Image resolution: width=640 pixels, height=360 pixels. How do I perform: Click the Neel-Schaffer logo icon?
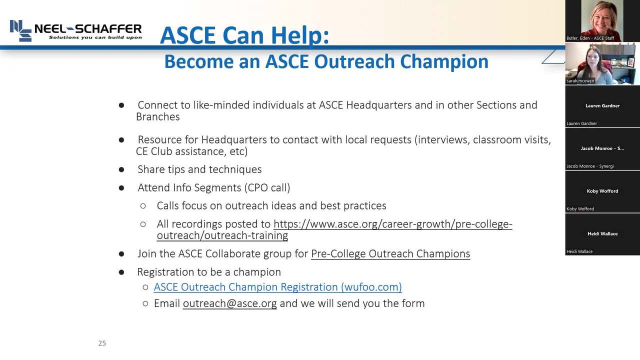20,30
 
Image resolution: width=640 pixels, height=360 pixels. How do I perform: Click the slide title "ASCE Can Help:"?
244,35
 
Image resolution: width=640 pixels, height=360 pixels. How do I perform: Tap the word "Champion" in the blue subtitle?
444,62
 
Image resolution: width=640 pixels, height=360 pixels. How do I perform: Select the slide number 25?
102,343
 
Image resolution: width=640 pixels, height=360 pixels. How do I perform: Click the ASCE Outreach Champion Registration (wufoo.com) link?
277,287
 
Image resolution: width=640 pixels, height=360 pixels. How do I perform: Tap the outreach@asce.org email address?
229,303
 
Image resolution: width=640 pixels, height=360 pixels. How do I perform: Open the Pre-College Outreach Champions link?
390,253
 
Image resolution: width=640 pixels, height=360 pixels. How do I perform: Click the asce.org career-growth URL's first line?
393,224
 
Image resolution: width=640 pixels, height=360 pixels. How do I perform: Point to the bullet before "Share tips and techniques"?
121,169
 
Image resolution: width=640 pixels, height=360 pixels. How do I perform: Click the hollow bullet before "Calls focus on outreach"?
143,205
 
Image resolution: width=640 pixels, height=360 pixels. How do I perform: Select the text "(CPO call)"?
267,187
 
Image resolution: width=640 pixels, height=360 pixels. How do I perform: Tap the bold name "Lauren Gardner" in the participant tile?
602,105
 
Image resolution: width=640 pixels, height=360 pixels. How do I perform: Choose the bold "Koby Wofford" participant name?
602,191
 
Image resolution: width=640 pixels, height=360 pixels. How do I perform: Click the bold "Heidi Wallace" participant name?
602,233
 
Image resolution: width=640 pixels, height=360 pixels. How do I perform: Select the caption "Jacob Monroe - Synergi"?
590,166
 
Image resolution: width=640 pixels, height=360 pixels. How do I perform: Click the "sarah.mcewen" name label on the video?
580,81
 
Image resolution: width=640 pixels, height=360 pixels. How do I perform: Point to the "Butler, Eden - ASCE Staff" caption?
590,38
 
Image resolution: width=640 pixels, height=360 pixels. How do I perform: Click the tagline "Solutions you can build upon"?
95,37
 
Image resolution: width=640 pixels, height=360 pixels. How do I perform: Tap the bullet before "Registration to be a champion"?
121,272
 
